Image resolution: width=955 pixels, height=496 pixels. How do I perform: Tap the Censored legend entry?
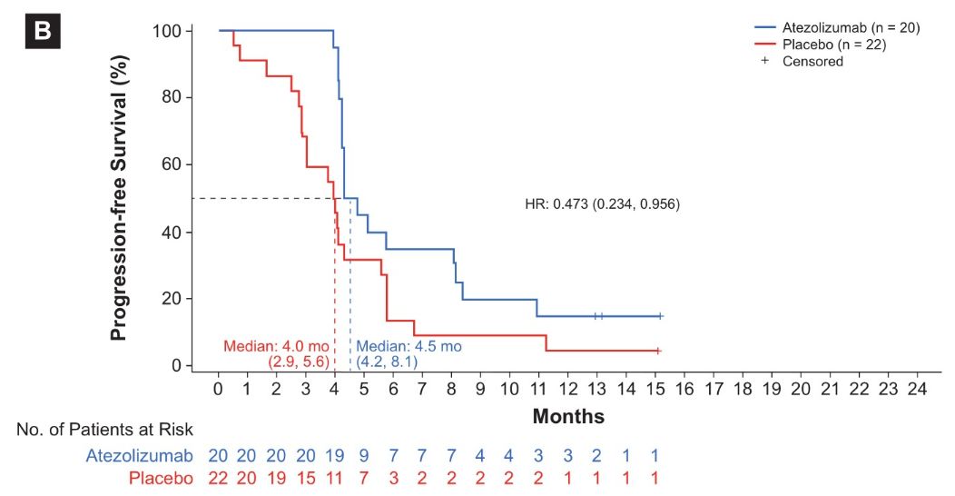pyautogui.click(x=813, y=62)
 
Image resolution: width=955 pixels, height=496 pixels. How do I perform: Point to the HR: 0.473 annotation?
pyautogui.click(x=602, y=203)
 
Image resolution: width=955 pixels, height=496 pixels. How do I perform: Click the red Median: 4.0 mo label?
pyautogui.click(x=276, y=346)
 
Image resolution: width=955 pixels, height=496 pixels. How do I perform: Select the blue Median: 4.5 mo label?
pyautogui.click(x=409, y=346)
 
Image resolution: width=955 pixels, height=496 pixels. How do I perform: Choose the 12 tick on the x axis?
pyautogui.click(x=567, y=388)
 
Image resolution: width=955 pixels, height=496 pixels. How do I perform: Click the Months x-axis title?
pyautogui.click(x=568, y=417)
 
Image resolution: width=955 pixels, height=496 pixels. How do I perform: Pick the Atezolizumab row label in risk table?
pyautogui.click(x=139, y=454)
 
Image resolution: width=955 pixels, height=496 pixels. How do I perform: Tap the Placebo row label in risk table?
pyautogui.click(x=160, y=478)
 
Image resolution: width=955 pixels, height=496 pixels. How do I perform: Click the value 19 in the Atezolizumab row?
pyautogui.click(x=334, y=454)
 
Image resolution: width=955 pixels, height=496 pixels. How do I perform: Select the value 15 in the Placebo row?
pyautogui.click(x=305, y=478)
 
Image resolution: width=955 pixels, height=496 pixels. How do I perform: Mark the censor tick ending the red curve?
pyautogui.click(x=657, y=351)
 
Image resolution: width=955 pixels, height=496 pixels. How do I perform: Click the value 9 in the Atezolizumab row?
pyautogui.click(x=364, y=454)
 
